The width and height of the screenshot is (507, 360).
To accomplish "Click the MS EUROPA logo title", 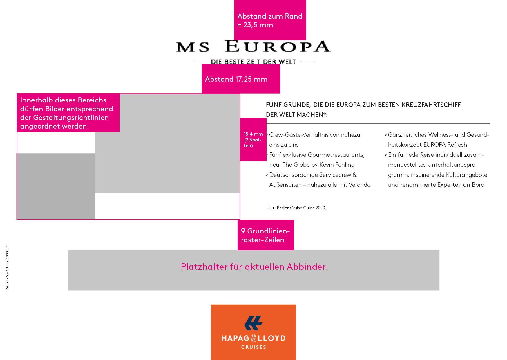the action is [253, 47].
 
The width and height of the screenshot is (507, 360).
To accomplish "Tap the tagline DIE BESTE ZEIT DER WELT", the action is [253, 62].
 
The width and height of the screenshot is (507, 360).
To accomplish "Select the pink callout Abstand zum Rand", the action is [270, 20].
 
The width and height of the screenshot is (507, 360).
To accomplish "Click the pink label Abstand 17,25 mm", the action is [241, 79].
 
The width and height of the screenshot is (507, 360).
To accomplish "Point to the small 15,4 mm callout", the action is [253, 139].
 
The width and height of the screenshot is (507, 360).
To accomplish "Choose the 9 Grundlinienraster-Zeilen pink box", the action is [266, 235].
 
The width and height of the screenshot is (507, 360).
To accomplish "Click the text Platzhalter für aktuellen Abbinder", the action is [254, 267].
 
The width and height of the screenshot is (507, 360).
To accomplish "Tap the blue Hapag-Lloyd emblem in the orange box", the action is [253, 323].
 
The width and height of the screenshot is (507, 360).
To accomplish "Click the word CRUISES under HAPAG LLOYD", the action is [253, 347].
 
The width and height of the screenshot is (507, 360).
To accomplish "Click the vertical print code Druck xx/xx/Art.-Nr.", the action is [7, 268].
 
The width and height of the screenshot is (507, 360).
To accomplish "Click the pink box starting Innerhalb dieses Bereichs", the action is [68, 113].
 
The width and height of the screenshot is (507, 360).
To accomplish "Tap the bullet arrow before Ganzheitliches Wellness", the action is [385, 135].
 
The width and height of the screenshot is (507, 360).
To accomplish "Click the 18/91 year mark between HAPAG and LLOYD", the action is [253, 338].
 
